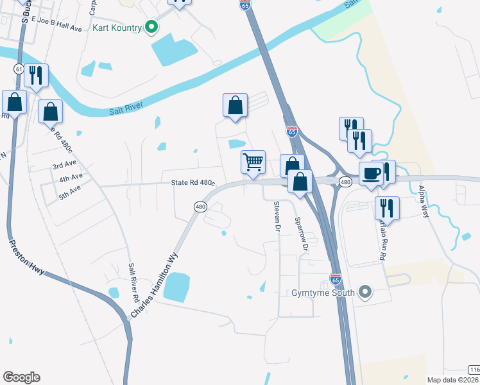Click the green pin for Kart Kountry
[151, 27]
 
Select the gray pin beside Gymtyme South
[365, 293]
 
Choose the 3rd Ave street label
[65, 165]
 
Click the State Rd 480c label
[192, 183]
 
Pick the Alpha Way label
[422, 202]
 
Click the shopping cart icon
[253, 162]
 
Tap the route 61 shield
[18, 69]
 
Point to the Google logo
[21, 377]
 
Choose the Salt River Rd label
[133, 283]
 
